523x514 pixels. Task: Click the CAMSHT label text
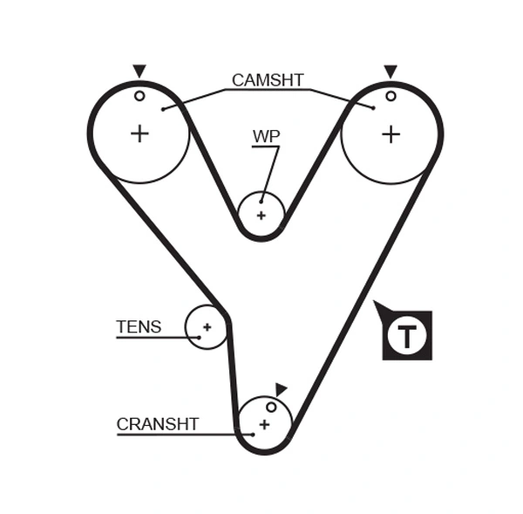tap(267, 80)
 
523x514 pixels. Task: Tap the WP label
tap(266, 136)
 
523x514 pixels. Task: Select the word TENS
tap(139, 327)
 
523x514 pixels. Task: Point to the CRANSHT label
tap(158, 424)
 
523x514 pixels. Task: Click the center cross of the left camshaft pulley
tap(139, 134)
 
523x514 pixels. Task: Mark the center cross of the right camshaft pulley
tap(391, 134)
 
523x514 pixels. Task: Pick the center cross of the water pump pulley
tap(261, 215)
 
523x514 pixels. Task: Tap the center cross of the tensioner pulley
tap(207, 328)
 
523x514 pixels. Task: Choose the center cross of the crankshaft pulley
tap(263, 424)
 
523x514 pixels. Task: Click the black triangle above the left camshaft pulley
tap(139, 71)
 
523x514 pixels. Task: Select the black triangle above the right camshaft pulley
tap(391, 71)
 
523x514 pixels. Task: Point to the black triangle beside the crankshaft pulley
tap(280, 389)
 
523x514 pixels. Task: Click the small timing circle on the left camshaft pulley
tap(139, 96)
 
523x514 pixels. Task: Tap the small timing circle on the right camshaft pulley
tap(391, 96)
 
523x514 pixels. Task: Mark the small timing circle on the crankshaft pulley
tap(271, 407)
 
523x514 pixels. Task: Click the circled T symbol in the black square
tap(407, 336)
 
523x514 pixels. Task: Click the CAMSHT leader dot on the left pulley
tap(163, 109)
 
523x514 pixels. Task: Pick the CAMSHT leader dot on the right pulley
tap(372, 107)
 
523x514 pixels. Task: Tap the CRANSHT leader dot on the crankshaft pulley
tap(252, 433)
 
